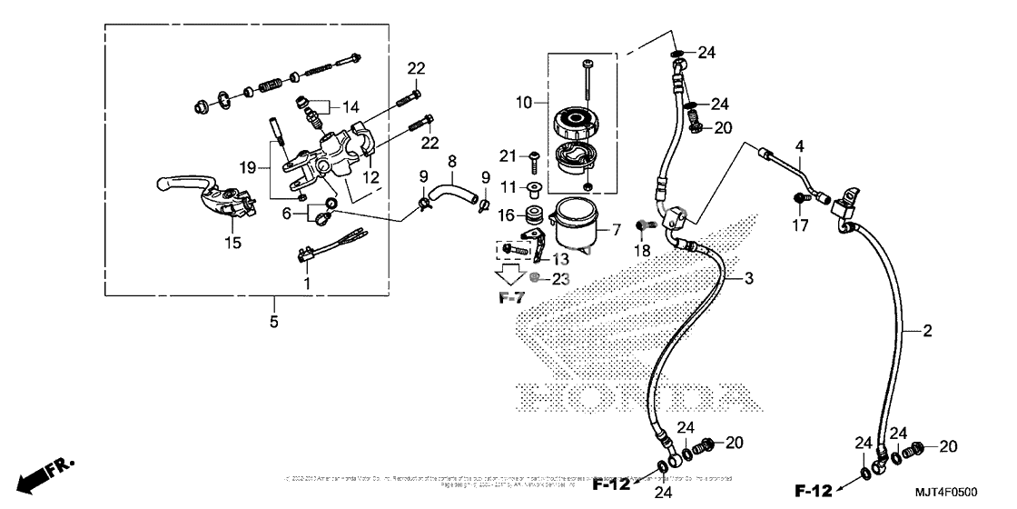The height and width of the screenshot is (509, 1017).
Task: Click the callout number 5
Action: click(x=274, y=321)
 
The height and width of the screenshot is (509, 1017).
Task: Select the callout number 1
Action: click(x=307, y=284)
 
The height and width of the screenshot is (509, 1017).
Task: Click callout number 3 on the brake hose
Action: click(x=750, y=278)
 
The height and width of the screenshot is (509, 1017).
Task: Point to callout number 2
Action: click(x=927, y=332)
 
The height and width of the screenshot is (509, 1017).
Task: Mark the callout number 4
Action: click(x=800, y=145)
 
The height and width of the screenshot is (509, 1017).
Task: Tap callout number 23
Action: click(x=561, y=279)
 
